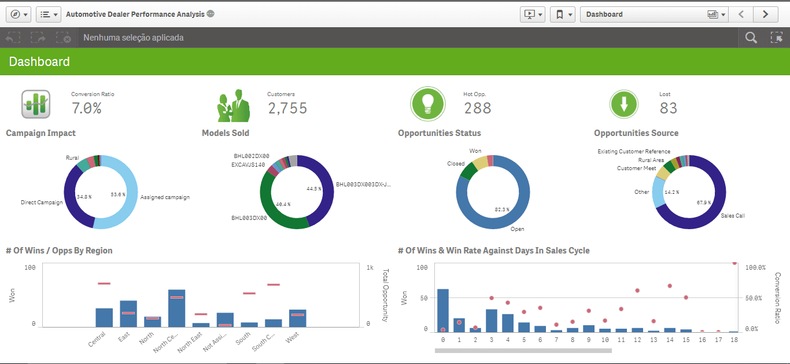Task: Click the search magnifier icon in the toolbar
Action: pyautogui.click(x=751, y=38)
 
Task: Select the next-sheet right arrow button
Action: pyautogui.click(x=765, y=14)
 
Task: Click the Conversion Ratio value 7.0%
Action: pyautogui.click(x=87, y=108)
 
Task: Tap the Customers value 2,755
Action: pyautogui.click(x=287, y=108)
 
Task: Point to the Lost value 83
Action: pyautogui.click(x=668, y=108)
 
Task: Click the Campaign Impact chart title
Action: pyautogui.click(x=41, y=133)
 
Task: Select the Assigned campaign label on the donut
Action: pyautogui.click(x=165, y=197)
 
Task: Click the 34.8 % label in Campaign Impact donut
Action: pyautogui.click(x=84, y=197)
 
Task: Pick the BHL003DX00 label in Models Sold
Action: pyautogui.click(x=249, y=218)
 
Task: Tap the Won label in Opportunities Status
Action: pyautogui.click(x=475, y=151)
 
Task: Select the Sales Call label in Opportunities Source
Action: pyautogui.click(x=733, y=216)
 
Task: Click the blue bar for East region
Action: pyautogui.click(x=128, y=314)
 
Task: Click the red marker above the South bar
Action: pyautogui.click(x=249, y=293)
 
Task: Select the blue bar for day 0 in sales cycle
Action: pyautogui.click(x=443, y=310)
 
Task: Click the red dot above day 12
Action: pyautogui.click(x=637, y=291)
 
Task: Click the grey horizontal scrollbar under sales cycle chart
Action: pyautogui.click(x=523, y=350)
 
